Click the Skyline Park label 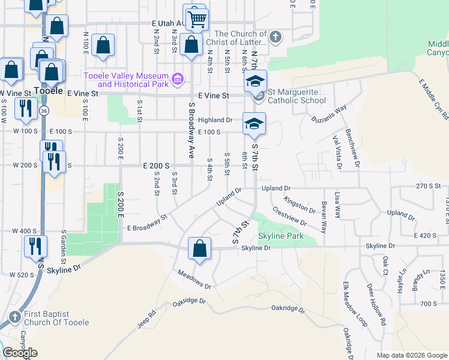pyautogui.click(x=279, y=236)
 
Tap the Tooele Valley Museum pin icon pyautogui.click(x=177, y=79)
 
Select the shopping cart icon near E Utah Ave pyautogui.click(x=196, y=19)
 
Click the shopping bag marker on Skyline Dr pyautogui.click(x=199, y=248)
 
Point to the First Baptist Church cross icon pyautogui.click(x=14, y=317)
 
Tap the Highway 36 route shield pyautogui.click(x=44, y=111)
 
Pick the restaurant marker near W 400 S pyautogui.click(x=35, y=245)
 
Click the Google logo pyautogui.click(x=20, y=353)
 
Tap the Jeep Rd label pyautogui.click(x=146, y=318)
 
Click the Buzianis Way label pyautogui.click(x=329, y=114)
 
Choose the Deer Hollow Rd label pyautogui.click(x=376, y=304)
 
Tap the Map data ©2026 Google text pyautogui.click(x=411, y=355)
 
